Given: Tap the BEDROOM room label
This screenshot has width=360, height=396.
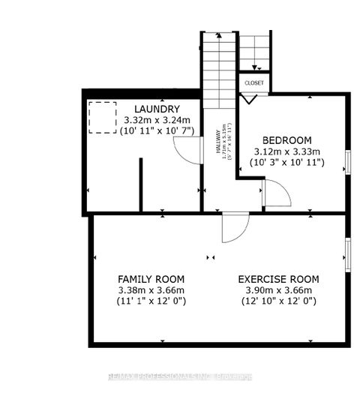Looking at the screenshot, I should pyautogui.click(x=288, y=140).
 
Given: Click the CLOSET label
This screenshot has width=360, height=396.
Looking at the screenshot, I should pyautogui.click(x=253, y=82).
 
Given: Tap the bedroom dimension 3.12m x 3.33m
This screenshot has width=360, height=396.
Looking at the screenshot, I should pyautogui.click(x=288, y=151).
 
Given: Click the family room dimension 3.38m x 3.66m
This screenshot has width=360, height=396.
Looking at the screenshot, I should pyautogui.click(x=151, y=289).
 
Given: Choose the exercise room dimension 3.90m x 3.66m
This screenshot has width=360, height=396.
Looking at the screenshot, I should pyautogui.click(x=277, y=289).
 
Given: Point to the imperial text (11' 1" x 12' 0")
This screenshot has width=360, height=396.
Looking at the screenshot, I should pyautogui.click(x=152, y=301).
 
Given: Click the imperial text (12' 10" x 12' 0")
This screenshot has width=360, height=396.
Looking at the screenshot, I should pyautogui.click(x=277, y=301).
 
